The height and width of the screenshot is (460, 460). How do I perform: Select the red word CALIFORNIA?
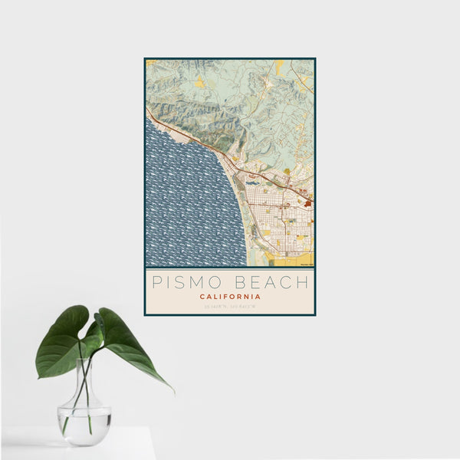point(229,297)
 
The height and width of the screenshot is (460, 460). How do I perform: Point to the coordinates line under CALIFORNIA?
point(229,307)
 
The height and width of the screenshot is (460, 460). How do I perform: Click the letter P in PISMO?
point(158,282)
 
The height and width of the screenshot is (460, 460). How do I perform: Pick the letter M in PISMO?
point(199,282)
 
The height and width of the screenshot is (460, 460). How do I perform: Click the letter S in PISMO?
point(182,282)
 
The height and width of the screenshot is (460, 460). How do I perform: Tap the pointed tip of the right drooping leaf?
point(172,390)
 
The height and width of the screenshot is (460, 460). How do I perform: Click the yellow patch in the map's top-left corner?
point(150,63)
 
